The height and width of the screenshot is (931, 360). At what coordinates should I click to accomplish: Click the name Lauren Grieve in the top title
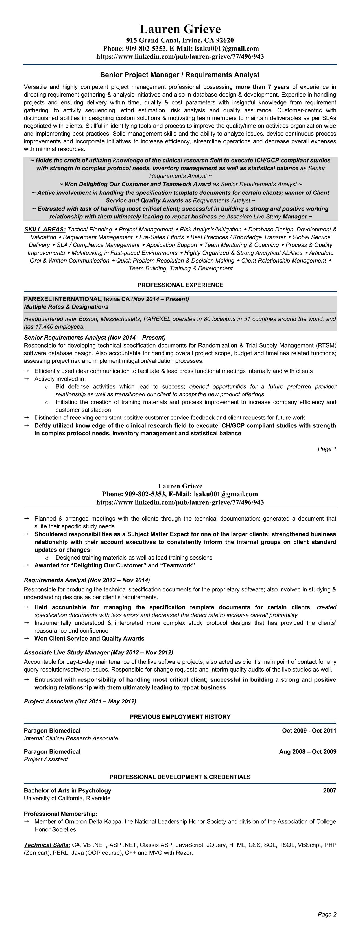(x=180, y=29)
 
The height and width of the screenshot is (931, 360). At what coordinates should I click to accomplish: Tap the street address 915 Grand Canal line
(x=180, y=40)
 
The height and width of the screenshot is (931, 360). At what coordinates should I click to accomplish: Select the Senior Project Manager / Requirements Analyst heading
(x=180, y=75)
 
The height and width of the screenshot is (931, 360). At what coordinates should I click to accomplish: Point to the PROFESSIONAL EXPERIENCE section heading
(x=180, y=285)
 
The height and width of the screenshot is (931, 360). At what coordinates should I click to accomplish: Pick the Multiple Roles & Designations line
(x=66, y=307)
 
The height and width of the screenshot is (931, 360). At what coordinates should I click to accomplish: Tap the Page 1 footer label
(x=327, y=449)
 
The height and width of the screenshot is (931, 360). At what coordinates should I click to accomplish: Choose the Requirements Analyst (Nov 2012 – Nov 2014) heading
(x=87, y=580)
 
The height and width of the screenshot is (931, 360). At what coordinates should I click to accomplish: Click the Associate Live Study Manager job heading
(x=98, y=652)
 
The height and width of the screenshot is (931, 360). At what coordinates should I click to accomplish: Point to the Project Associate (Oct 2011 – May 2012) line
(x=80, y=701)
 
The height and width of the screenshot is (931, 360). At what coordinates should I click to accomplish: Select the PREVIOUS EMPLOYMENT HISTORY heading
(x=180, y=717)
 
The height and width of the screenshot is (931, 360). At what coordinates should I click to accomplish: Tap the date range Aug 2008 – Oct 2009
(x=307, y=752)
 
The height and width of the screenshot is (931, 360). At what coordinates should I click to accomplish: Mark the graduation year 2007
(x=330, y=790)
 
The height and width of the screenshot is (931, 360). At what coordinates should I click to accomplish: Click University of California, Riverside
(x=67, y=798)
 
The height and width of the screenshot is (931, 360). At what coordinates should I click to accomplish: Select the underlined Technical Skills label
(x=47, y=845)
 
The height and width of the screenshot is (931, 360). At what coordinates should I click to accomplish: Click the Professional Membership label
(x=61, y=814)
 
